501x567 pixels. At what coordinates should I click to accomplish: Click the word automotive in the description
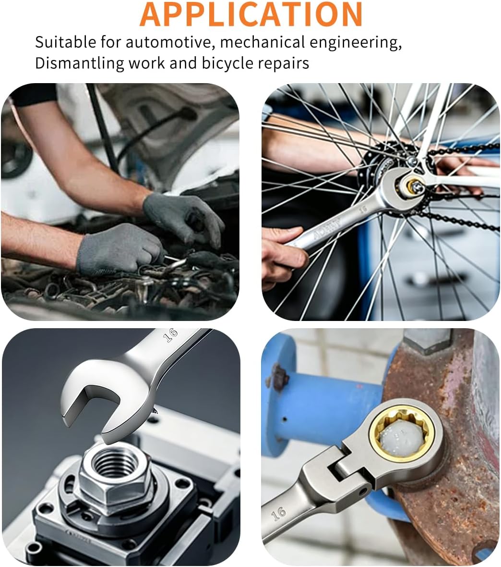[168, 42]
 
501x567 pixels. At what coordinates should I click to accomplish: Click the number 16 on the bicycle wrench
[363, 209]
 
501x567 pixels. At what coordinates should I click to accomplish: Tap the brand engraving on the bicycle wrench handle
[327, 229]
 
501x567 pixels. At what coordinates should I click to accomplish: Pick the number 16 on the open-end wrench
[170, 335]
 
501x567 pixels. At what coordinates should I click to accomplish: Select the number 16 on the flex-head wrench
[278, 513]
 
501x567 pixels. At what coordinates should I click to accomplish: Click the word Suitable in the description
[65, 42]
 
